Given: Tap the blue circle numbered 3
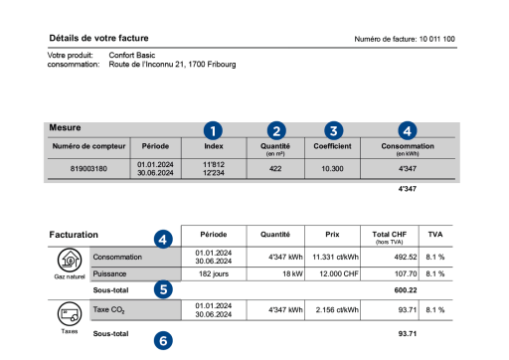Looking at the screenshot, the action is [334, 129].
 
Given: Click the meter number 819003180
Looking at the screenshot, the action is [88, 169].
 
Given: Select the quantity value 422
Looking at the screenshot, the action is [277, 169].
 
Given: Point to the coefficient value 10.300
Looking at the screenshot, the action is [334, 169].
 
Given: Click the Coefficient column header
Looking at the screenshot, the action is [334, 146].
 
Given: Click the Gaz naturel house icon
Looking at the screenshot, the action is [69, 262].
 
